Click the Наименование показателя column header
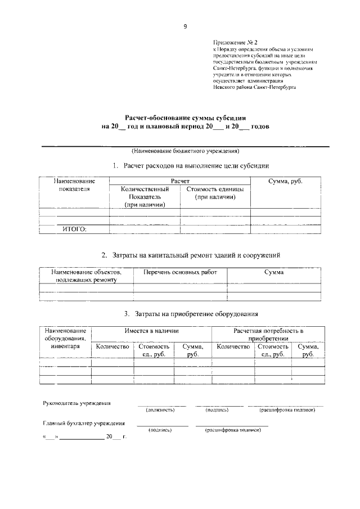(x=74, y=185)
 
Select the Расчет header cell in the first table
(x=180, y=181)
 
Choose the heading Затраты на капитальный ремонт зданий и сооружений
(x=191, y=255)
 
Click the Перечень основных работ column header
(x=180, y=272)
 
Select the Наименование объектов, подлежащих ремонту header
(x=86, y=276)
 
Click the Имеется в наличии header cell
(x=151, y=331)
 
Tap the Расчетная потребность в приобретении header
(x=267, y=335)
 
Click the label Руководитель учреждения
(x=77, y=403)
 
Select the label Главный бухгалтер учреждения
(x=84, y=423)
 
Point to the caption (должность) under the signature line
(x=160, y=410)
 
